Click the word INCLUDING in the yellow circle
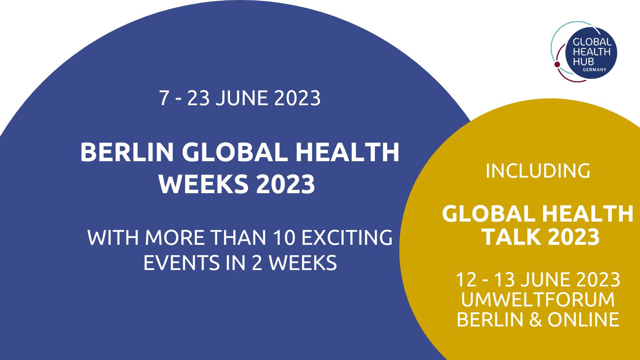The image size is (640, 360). click(x=538, y=171)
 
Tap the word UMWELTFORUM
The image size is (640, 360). click(x=538, y=300)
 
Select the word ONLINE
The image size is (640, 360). click(x=583, y=319)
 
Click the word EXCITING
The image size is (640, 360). click(x=347, y=238)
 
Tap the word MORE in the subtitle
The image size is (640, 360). click(x=175, y=238)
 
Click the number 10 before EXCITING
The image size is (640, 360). click(x=284, y=238)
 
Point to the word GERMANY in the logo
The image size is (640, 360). click(x=594, y=70)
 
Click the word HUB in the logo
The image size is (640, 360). click(x=583, y=62)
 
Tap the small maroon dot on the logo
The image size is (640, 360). click(x=557, y=64)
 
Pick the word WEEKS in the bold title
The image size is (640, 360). click(x=204, y=184)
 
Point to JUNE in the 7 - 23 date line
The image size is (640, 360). click(x=242, y=98)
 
